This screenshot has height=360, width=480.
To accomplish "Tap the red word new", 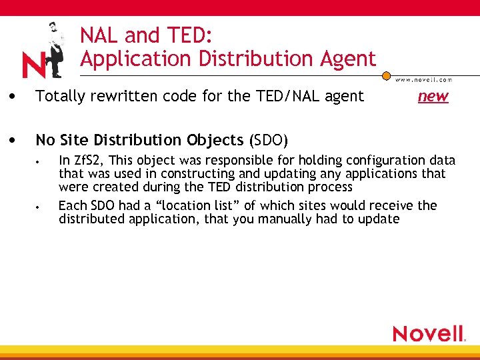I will click(x=433, y=97).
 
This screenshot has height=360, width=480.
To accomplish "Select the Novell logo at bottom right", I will click(x=429, y=333).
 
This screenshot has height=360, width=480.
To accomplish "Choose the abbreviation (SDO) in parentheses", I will click(x=268, y=141).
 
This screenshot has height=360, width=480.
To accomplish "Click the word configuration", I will click(x=373, y=161).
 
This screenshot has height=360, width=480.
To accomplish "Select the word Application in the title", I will click(x=130, y=59).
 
